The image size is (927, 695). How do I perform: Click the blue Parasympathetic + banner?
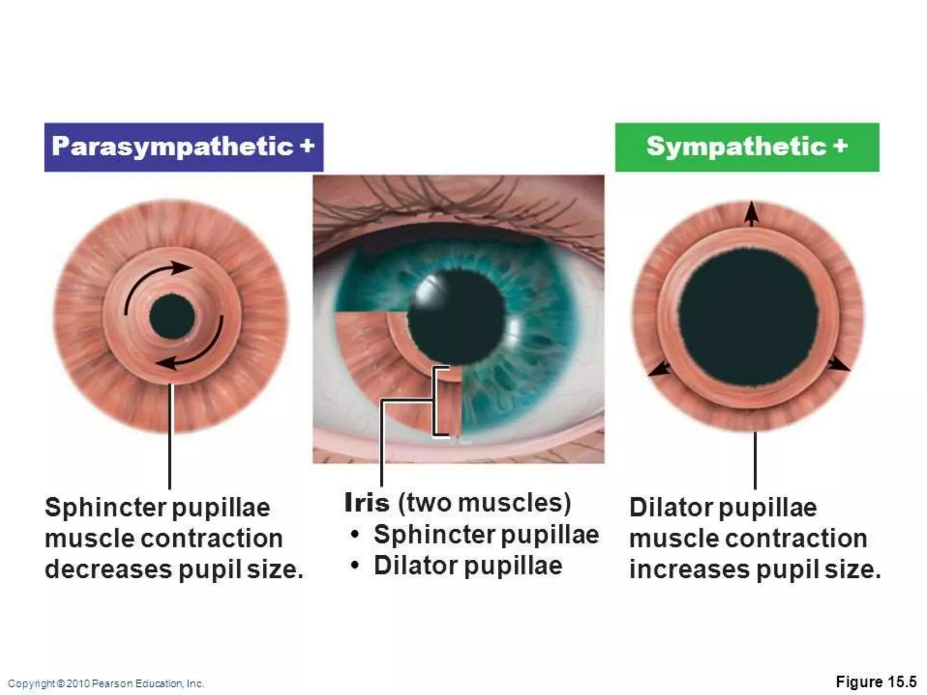click(x=183, y=147)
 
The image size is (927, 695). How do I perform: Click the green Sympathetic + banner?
click(x=747, y=147)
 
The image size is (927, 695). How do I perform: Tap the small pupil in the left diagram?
click(x=172, y=316)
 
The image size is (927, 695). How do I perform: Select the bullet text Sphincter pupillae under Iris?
click(x=486, y=535)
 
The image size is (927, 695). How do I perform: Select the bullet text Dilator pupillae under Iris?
click(x=468, y=566)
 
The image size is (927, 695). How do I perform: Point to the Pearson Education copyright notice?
click(x=106, y=683)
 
